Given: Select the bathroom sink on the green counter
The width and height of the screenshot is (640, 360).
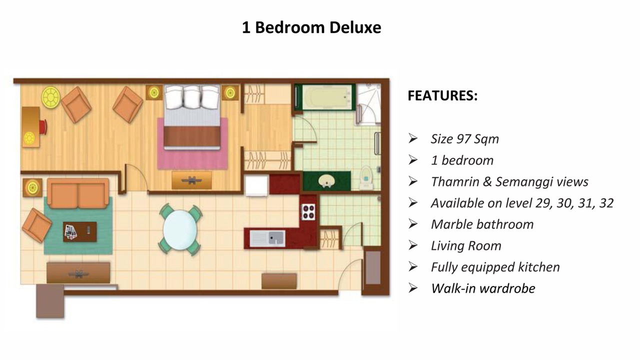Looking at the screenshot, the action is pos(326,181).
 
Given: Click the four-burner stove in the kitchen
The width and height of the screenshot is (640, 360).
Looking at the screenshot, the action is pos(308,211).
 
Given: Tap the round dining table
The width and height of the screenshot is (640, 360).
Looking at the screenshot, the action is pos(180,230).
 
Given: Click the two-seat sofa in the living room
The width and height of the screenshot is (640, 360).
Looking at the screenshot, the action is pos(78,193).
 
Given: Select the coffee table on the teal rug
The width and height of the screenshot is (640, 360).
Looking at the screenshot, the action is pos(80,231).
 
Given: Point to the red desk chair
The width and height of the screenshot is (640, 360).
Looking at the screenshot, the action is pos(43,127).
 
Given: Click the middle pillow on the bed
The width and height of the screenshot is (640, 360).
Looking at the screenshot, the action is pos(192,97).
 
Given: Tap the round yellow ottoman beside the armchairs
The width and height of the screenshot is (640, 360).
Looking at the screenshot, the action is pos(51,97).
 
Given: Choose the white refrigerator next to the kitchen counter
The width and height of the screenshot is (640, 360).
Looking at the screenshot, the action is pos(257,185).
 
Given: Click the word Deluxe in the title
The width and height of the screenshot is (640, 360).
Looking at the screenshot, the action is pos(355,27).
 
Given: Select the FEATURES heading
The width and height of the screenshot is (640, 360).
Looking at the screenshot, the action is pos(442,95).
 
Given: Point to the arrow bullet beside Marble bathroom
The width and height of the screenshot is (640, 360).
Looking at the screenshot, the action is pos(413,224).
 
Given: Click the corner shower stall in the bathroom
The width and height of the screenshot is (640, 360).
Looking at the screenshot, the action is pos(368,104).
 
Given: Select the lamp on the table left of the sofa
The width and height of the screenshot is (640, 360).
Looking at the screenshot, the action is pos(32,187).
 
